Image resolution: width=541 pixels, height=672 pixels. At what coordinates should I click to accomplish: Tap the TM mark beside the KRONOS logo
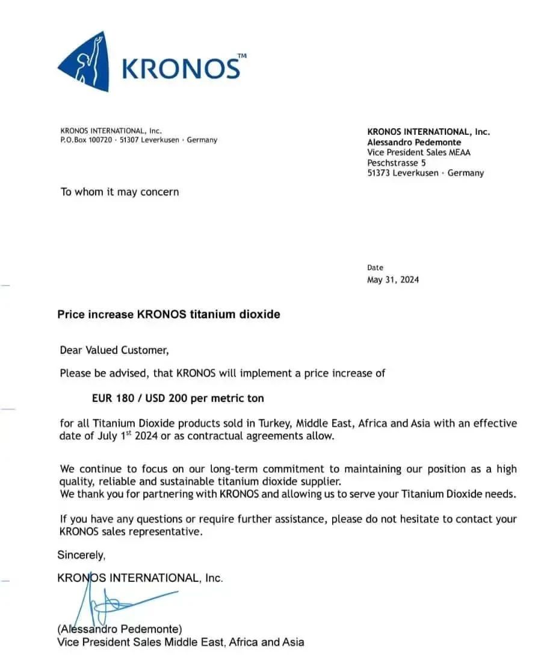(x=242, y=56)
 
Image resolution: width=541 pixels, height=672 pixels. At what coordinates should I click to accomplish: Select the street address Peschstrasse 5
(x=397, y=162)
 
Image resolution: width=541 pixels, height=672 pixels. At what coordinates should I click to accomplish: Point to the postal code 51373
(x=378, y=173)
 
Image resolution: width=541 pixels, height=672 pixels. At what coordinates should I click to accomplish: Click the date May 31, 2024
(x=393, y=280)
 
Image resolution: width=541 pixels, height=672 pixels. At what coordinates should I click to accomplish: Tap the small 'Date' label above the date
(x=375, y=268)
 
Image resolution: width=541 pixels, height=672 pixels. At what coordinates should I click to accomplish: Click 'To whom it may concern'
(x=120, y=192)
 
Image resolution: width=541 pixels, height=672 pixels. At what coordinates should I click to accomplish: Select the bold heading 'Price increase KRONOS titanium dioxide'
(x=168, y=314)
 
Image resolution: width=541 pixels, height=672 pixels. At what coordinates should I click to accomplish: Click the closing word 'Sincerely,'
(x=81, y=555)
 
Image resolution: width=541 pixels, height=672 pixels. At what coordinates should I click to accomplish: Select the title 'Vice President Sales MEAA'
(x=419, y=152)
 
